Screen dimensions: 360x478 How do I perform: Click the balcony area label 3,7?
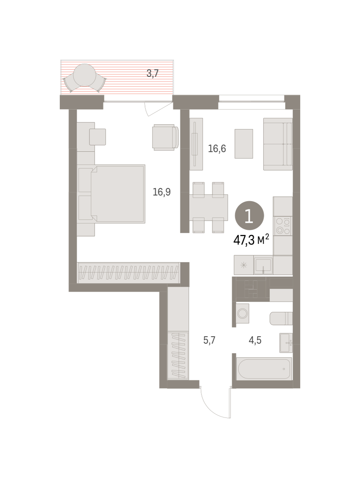[153, 73]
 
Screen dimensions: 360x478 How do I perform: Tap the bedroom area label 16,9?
[162, 192]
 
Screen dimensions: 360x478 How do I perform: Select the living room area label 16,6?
[217, 148]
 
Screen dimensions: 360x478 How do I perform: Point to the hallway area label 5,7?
[209, 340]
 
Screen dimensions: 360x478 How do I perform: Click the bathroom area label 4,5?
[255, 340]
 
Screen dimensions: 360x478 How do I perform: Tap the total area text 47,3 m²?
[251, 240]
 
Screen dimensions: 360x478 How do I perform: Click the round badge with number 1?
[249, 215]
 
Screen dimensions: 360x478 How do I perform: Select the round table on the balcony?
[84, 75]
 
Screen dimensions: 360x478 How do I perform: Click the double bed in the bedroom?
[118, 194]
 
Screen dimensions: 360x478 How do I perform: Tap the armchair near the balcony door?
[165, 137]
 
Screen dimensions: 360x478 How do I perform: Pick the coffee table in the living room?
[244, 143]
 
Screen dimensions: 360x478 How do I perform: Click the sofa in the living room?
[278, 144]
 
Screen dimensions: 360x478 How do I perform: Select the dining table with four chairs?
[208, 207]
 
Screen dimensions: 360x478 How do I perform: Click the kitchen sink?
[263, 265]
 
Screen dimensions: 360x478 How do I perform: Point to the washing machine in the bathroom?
[243, 313]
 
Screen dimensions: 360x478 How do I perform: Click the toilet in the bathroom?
[281, 318]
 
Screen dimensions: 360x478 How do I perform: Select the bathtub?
[264, 369]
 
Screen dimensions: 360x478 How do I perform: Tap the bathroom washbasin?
[286, 343]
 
